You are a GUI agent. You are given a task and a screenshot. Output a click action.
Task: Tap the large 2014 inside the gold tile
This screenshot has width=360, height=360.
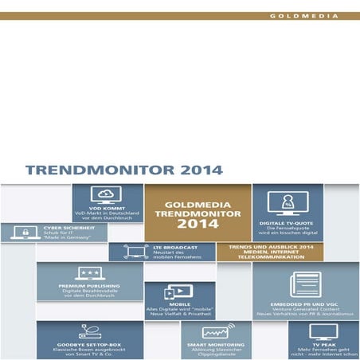point(180,225)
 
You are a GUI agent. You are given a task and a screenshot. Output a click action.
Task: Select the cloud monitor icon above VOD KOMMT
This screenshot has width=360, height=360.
point(107,194)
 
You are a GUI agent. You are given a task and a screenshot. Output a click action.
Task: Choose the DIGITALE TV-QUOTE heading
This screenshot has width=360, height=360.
point(288,222)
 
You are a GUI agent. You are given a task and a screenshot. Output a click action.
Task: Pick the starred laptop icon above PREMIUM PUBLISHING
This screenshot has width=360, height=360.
point(88,273)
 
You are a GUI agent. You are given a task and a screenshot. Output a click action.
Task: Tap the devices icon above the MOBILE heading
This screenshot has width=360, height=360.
point(178,292)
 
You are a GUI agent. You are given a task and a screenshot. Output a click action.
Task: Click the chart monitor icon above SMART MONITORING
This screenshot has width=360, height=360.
point(216,331)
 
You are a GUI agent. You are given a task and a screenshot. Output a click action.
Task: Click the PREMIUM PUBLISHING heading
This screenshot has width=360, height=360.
point(88,285)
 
